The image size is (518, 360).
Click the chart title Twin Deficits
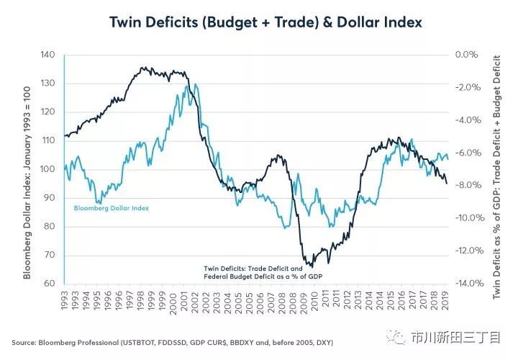click(x=265, y=22)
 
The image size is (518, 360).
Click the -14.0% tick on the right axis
click(x=468, y=284)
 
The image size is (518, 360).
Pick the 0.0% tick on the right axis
click(x=468, y=55)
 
